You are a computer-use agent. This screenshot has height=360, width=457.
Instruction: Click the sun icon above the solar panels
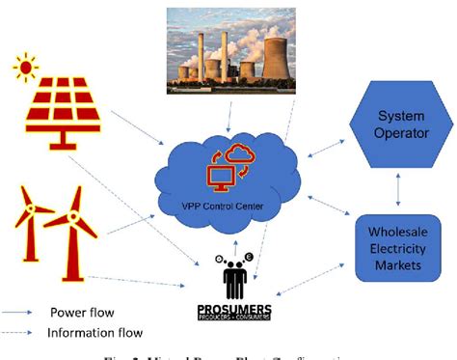27,69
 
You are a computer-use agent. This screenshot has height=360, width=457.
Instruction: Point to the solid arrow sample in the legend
21,313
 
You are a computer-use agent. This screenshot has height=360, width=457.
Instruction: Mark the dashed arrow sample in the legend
21,333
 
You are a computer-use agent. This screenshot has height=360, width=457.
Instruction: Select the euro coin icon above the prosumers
248,257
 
